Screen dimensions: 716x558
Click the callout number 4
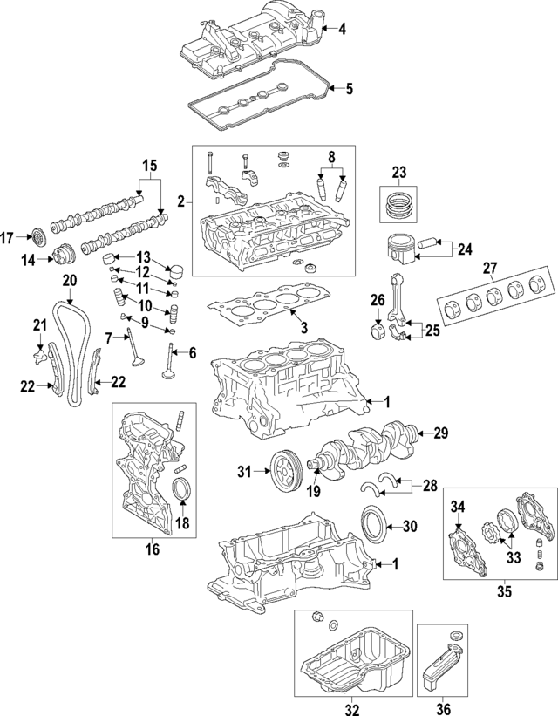342,30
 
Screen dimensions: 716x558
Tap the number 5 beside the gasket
349,88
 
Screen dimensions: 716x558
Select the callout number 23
399,171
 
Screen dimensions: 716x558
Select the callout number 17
9,237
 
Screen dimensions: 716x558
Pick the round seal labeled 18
181,490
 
